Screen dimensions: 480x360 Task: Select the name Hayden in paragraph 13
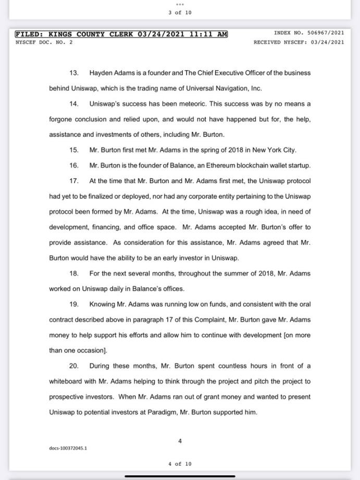pos(101,73)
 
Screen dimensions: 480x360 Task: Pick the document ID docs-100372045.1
pos(68,448)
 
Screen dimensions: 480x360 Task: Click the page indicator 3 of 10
pos(180,12)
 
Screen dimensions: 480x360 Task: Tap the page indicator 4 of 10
pos(180,463)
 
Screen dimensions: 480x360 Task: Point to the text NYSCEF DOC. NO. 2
pos(44,42)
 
